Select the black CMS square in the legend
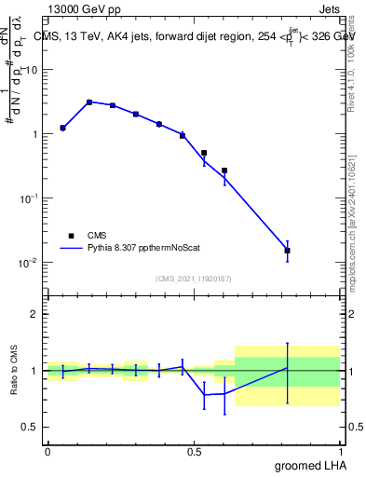(71, 236)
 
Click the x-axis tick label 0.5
(194, 451)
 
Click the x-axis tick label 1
(341, 451)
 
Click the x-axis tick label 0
(47, 451)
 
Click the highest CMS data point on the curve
(89, 102)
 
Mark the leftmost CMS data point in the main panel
(62, 128)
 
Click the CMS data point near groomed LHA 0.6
(224, 170)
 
